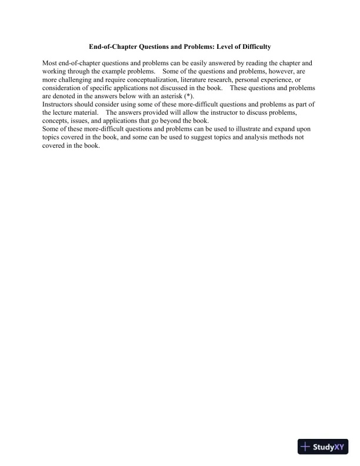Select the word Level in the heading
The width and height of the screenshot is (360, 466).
pos(214,46)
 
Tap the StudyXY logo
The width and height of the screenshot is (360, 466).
pos(323,447)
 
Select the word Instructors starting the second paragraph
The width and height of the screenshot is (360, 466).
pos(61,104)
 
